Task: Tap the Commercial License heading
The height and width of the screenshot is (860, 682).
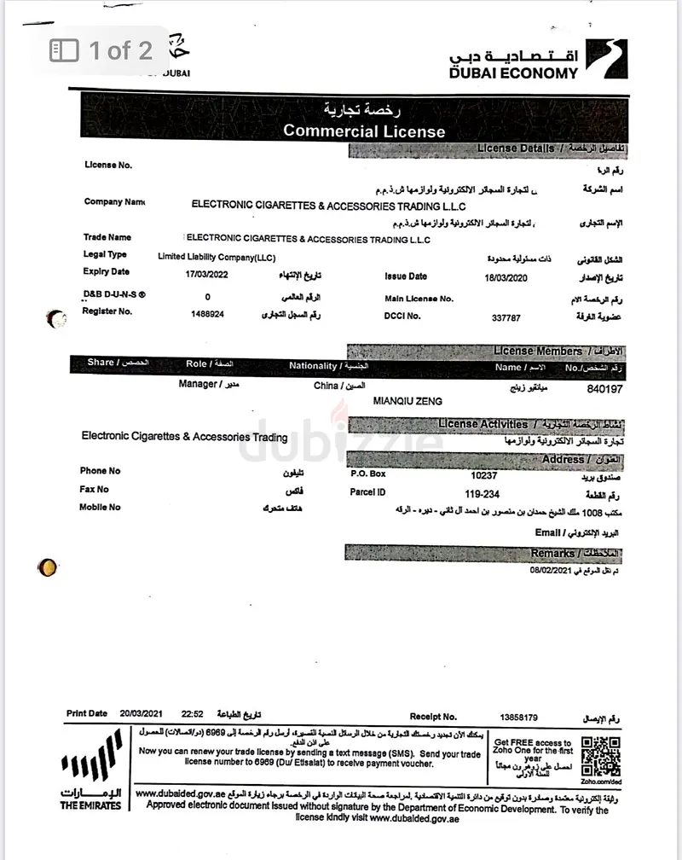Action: (364, 131)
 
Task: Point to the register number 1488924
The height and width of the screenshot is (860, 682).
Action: (208, 314)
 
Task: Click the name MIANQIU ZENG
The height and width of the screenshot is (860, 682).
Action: (408, 401)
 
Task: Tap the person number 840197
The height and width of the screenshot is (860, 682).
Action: (606, 388)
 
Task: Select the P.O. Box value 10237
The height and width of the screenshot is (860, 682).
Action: (483, 475)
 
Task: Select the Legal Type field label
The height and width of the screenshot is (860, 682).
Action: (105, 254)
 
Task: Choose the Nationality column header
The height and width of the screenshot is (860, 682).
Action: (313, 366)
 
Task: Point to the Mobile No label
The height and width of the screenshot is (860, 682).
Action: (101, 508)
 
